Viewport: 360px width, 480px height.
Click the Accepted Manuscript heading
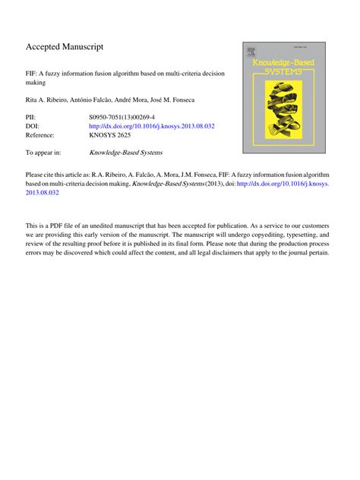point(65,47)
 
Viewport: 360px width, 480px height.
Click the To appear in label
point(45,153)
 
